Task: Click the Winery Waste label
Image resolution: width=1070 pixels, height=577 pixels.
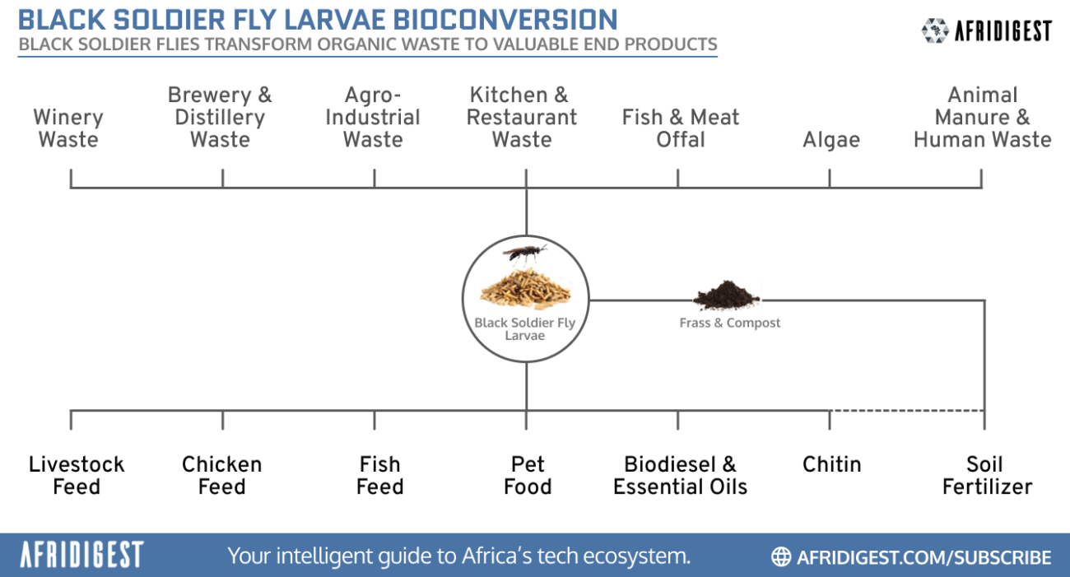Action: (x=68, y=128)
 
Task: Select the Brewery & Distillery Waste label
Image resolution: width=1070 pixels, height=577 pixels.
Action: (x=220, y=118)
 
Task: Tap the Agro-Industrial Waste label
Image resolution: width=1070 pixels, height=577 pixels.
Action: (x=373, y=118)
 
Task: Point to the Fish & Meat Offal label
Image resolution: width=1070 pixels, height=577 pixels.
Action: (x=681, y=128)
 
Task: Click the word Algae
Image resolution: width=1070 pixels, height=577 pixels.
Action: (x=831, y=140)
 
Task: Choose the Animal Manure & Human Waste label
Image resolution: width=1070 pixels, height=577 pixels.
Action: (x=982, y=118)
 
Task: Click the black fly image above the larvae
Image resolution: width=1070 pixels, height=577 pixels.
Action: (x=523, y=253)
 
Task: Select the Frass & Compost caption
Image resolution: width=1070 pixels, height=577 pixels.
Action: (x=730, y=323)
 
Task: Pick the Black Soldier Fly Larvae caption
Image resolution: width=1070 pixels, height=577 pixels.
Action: (x=525, y=329)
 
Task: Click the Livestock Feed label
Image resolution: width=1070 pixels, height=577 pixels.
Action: (x=77, y=476)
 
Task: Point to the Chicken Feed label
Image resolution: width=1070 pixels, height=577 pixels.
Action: (x=222, y=476)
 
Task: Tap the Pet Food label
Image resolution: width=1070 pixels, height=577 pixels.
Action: (x=528, y=476)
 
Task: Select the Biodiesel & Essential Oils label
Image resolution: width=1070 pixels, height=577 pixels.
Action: (x=681, y=476)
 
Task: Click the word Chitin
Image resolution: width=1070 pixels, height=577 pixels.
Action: (x=832, y=464)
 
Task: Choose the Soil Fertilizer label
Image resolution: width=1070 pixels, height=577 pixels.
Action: (x=987, y=476)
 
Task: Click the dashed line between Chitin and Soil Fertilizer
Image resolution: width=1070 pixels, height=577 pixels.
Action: (x=905, y=410)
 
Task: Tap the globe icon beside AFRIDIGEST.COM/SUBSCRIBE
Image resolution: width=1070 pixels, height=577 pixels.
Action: (x=781, y=556)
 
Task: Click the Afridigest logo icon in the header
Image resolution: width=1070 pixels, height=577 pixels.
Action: (x=934, y=30)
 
